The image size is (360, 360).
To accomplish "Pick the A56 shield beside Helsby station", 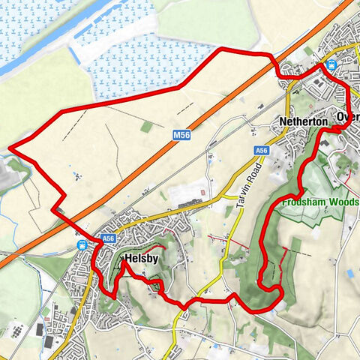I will point(108,238).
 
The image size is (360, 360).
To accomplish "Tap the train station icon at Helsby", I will point(82,244).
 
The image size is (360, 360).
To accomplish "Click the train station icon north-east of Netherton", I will point(331,64).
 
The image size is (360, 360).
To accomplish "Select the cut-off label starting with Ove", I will point(348,118).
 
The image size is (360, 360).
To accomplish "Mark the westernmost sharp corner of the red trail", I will point(8,148).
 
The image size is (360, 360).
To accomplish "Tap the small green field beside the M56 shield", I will point(147,127).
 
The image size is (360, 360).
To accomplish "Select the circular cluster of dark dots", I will point(16,331).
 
